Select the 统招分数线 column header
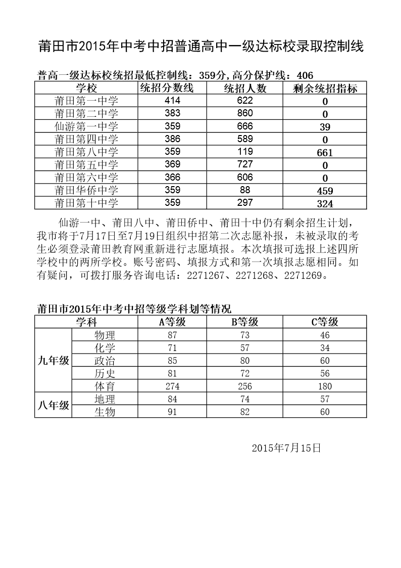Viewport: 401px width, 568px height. (166, 89)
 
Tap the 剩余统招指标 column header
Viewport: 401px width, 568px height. (325, 89)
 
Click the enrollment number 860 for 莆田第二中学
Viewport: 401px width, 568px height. (245, 113)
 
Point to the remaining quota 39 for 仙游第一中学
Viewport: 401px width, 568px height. (325, 126)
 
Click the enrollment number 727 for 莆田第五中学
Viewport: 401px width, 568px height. (245, 164)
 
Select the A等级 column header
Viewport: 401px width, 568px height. (173, 322)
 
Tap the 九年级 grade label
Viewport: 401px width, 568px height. (54, 360)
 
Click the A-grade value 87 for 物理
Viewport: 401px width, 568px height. (173, 335)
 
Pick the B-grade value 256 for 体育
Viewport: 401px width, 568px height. (245, 386)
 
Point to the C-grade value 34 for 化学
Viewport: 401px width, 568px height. (325, 348)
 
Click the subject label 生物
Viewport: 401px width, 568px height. (105, 412)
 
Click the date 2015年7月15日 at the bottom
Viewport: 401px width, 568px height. (286, 448)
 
